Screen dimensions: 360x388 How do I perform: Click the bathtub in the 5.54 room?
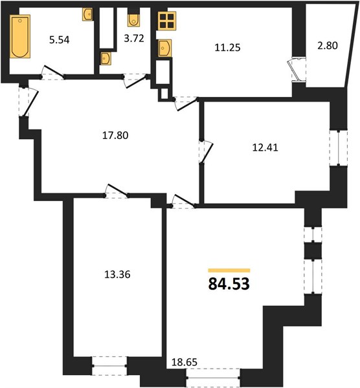[x=20, y=36]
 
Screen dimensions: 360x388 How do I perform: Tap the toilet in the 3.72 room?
[x=133, y=20]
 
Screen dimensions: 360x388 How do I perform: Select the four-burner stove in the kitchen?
[x=166, y=21]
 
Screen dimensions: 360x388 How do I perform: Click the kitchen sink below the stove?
[x=165, y=48]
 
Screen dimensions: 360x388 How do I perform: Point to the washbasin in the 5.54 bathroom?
[x=87, y=15]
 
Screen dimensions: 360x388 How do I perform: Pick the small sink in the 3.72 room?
[x=106, y=59]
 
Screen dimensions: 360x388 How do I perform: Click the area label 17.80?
[x=115, y=135]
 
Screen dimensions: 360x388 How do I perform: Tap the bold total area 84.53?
[x=229, y=284]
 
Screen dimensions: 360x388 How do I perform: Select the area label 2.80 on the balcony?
[x=328, y=46]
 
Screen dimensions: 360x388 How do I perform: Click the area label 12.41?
[x=265, y=147]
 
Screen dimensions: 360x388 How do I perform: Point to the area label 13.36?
[x=117, y=274]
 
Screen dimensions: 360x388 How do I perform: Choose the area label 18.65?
[x=185, y=362]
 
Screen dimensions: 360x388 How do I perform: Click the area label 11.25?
[x=227, y=47]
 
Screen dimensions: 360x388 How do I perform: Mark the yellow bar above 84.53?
[x=229, y=270]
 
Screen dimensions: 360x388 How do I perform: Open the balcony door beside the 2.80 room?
[x=297, y=69]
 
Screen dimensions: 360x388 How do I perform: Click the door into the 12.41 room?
[x=205, y=152]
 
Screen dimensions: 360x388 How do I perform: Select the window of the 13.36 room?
[x=109, y=366]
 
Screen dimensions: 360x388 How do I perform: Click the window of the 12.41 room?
[x=339, y=147]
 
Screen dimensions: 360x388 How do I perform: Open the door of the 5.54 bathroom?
[x=53, y=72]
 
